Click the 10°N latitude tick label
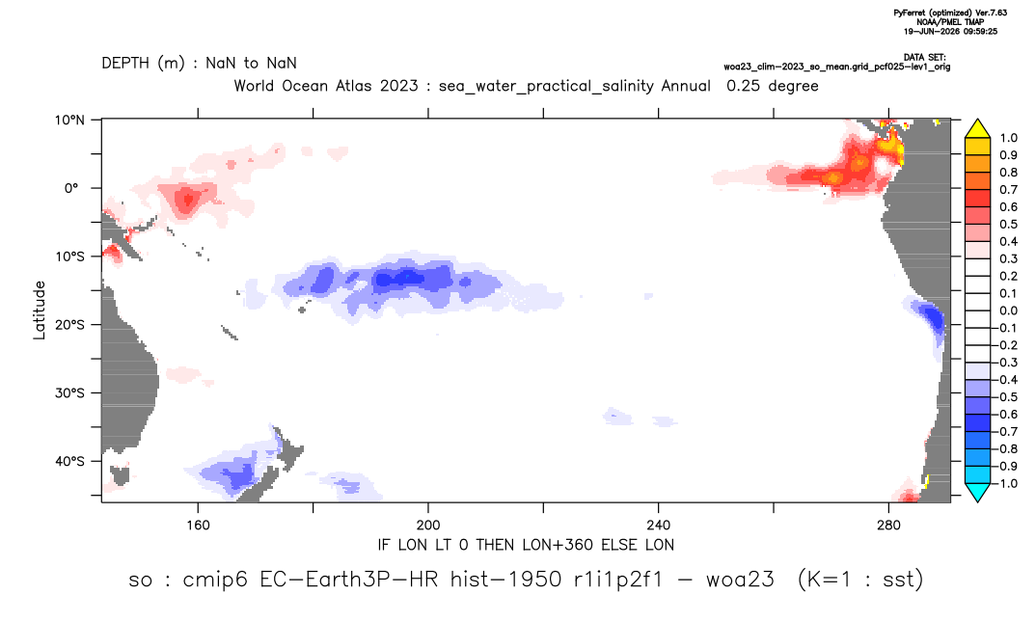click(69, 121)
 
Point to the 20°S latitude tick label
click(69, 325)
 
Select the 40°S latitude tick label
click(69, 461)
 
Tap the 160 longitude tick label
click(198, 526)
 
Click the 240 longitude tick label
click(659, 526)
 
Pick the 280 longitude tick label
click(888, 526)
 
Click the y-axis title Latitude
click(40, 310)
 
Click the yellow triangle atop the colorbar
click(977, 128)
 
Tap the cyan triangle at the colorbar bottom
click(977, 492)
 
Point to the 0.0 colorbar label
click(1008, 311)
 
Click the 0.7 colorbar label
click(1008, 190)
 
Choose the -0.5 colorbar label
click(1005, 397)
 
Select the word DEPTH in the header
click(125, 64)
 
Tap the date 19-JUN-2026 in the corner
click(932, 31)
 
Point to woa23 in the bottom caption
click(739, 580)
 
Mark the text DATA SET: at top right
click(924, 58)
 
